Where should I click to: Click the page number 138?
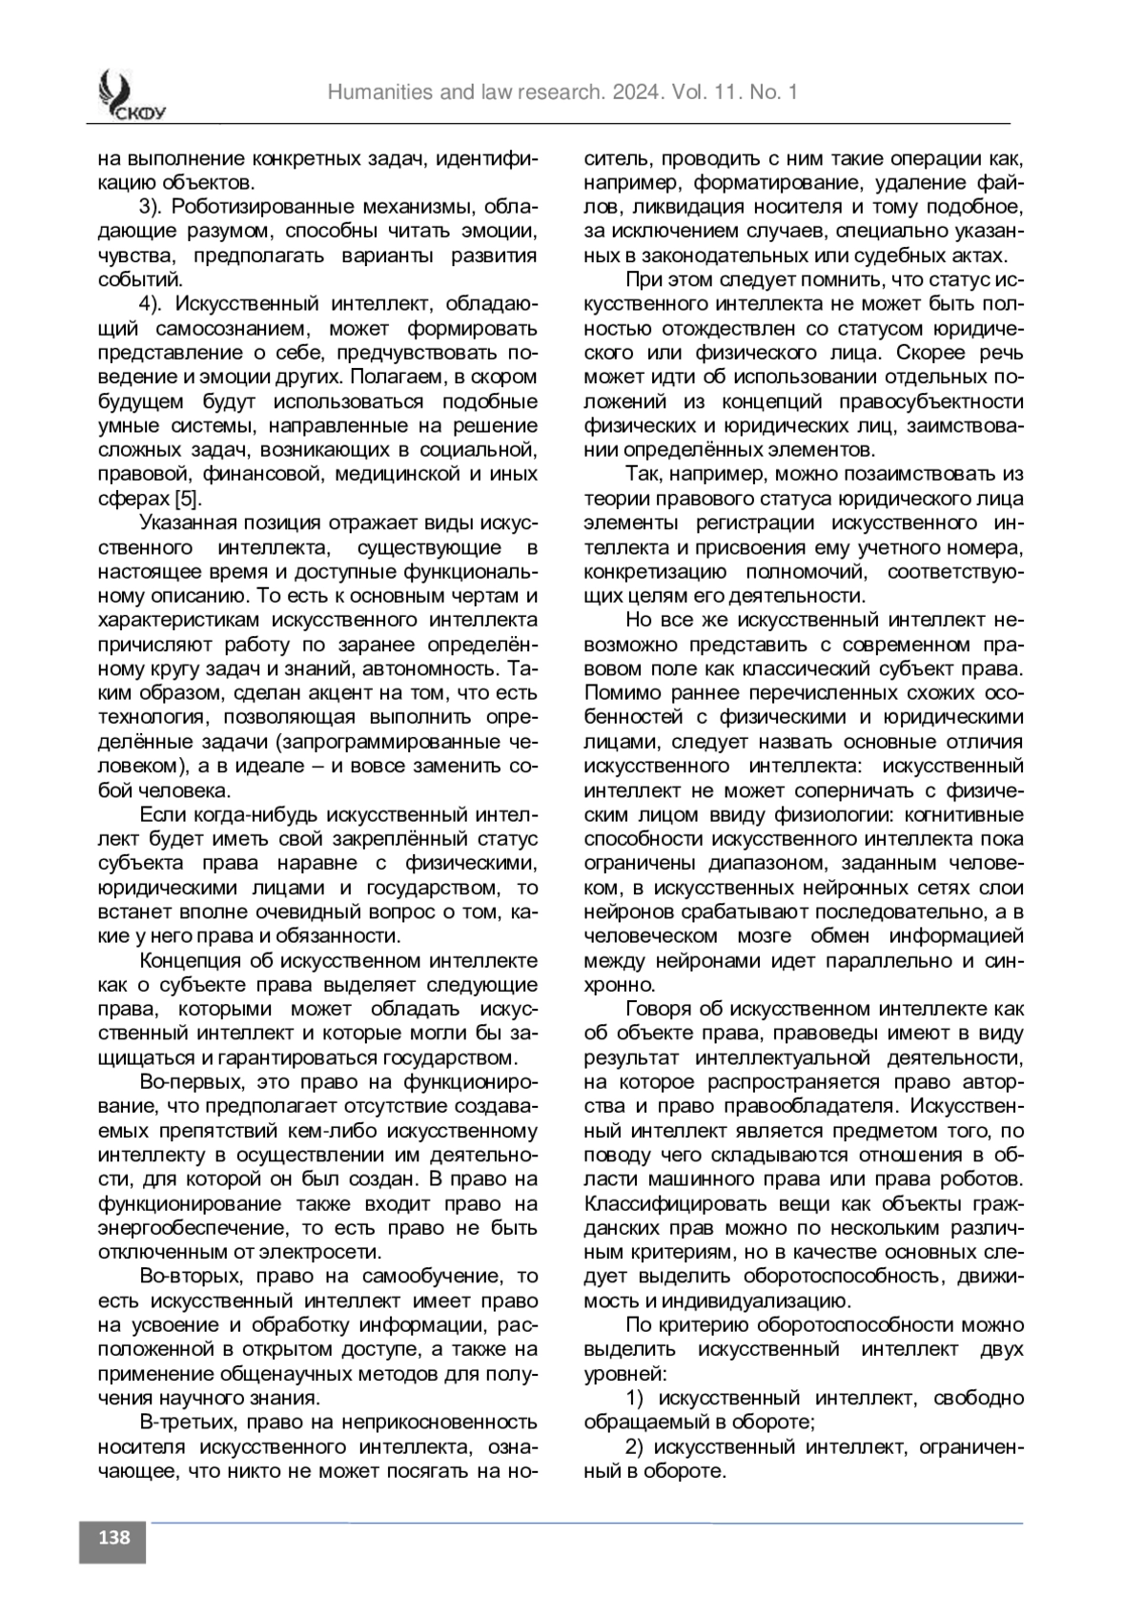click(112, 1537)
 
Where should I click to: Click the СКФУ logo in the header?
click(127, 97)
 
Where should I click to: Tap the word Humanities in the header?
click(379, 92)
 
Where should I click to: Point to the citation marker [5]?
click(187, 499)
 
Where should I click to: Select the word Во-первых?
click(187, 1082)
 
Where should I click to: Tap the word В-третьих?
click(187, 1423)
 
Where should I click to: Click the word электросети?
click(327, 1252)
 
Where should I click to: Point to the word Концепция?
click(189, 960)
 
